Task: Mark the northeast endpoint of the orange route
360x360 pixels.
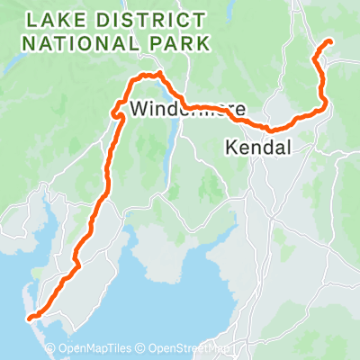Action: point(330,41)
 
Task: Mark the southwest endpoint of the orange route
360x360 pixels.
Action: point(30,317)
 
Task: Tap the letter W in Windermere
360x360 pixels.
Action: point(138,109)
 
